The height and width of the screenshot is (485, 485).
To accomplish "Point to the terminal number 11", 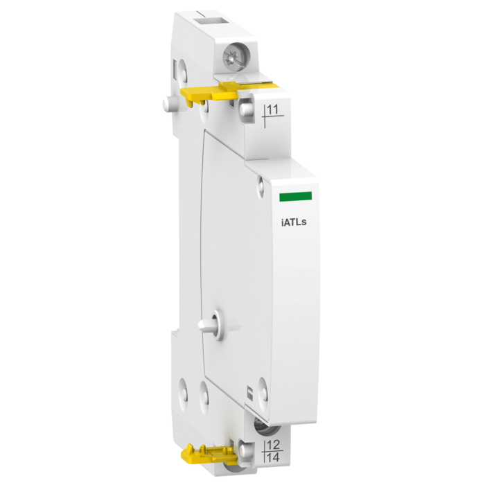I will tap(274, 109).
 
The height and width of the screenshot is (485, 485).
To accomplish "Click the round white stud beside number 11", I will tap(246, 108).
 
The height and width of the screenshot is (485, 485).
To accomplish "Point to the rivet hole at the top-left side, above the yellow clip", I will tap(182, 68).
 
